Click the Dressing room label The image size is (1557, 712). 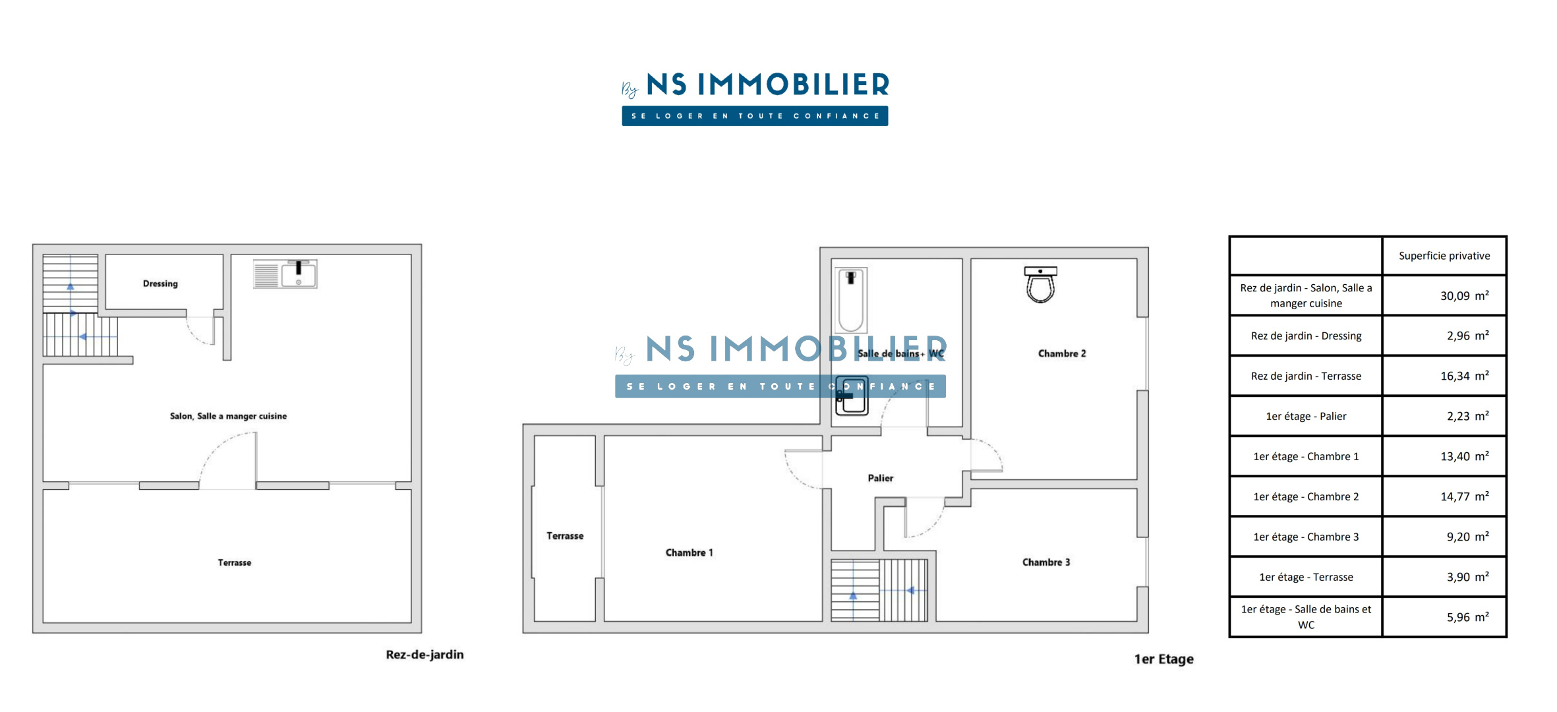tap(160, 283)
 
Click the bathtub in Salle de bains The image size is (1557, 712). tap(851, 301)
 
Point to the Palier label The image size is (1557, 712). tap(880, 478)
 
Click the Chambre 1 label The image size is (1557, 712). tap(689, 552)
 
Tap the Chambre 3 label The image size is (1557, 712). tap(1046, 562)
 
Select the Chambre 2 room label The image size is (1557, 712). tap(1062, 353)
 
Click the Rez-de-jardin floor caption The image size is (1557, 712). tap(425, 655)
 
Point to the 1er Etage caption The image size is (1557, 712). tap(1163, 659)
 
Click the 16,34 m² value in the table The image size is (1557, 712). tap(1464, 376)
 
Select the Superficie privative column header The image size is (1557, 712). tap(1444, 256)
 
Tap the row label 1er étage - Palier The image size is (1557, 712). tap(1306, 416)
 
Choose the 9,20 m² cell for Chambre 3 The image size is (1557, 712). tap(1467, 537)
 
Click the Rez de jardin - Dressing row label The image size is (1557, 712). tap(1306, 336)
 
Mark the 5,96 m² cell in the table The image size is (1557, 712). tap(1467, 617)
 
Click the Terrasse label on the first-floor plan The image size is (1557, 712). tap(565, 536)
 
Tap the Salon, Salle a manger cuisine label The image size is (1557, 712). tap(228, 416)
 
